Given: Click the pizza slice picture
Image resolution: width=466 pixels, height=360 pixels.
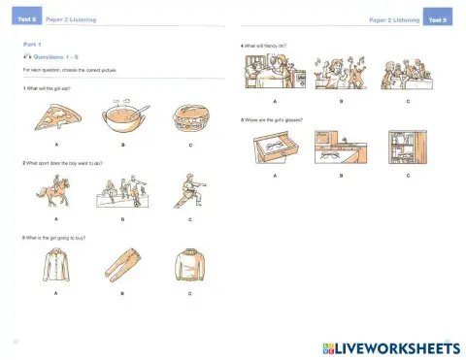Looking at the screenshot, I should click(x=55, y=121).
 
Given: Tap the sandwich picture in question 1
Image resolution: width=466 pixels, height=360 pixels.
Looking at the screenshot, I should click(x=188, y=118).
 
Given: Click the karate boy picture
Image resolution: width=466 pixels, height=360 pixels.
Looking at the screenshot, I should click(x=188, y=189).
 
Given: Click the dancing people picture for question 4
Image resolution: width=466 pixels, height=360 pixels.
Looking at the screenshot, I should click(x=341, y=74).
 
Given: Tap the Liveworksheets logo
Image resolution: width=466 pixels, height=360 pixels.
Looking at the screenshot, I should click(x=387, y=346).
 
